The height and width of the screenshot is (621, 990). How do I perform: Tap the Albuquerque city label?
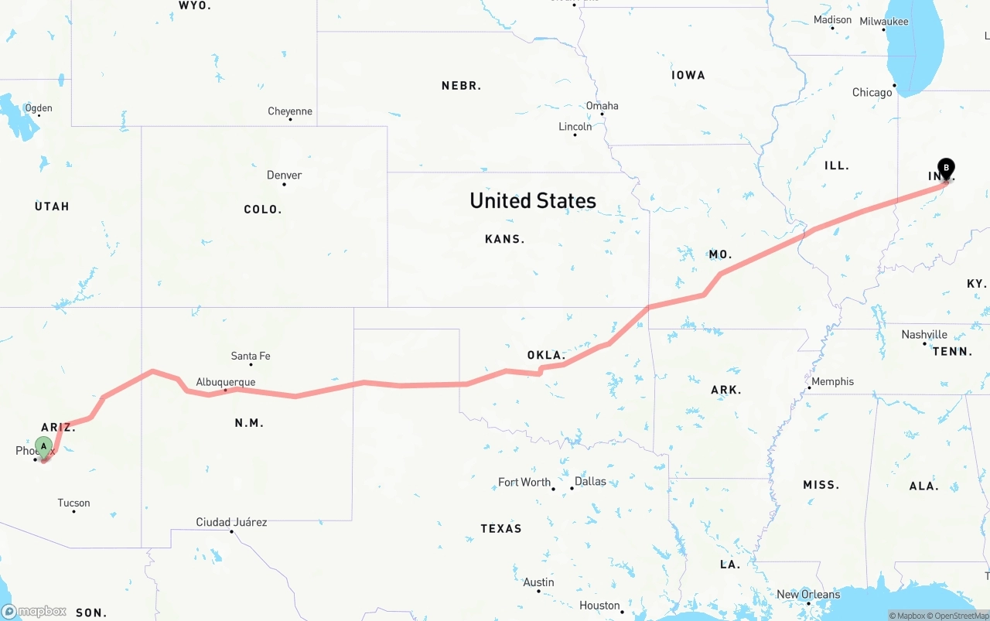point(225,382)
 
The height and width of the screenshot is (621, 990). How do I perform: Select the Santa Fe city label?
point(251,356)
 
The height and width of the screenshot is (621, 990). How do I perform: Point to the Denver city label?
point(284,175)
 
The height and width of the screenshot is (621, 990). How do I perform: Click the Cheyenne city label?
point(290,111)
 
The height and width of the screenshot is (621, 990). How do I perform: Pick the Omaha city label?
point(602,106)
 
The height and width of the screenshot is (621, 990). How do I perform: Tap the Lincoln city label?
point(575,127)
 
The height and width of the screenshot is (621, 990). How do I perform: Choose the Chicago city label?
point(872,93)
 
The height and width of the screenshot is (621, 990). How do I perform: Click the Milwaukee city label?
point(884,22)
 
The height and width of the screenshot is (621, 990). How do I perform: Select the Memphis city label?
point(832,381)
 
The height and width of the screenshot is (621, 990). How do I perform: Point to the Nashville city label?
point(924,335)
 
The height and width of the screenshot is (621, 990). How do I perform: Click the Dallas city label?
point(590,481)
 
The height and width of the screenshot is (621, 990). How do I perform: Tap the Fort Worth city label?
point(524,482)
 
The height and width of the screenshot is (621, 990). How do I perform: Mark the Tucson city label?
point(74,503)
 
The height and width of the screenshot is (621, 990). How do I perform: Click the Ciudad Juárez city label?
point(231,522)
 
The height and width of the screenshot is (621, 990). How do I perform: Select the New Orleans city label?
point(808,594)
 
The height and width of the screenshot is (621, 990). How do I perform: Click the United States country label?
point(533,201)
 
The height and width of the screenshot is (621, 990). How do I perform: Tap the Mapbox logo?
point(34,611)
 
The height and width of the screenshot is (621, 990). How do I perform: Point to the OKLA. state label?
point(545,355)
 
